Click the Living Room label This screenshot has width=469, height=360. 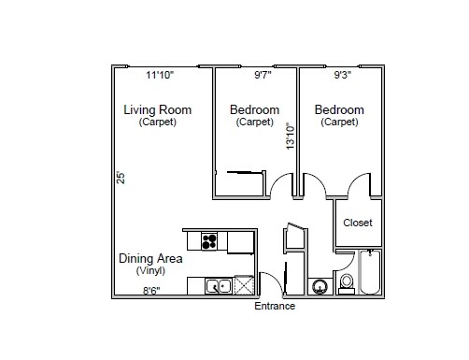pyautogui.click(x=157, y=110)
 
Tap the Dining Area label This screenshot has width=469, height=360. pyautogui.click(x=149, y=258)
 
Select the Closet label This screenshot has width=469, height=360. pyautogui.click(x=358, y=223)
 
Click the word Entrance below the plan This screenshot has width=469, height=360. pyautogui.click(x=275, y=306)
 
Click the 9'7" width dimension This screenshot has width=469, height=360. pyautogui.click(x=267, y=75)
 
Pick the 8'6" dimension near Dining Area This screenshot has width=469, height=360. pyautogui.click(x=151, y=291)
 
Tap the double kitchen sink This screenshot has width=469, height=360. pyautogui.click(x=218, y=286)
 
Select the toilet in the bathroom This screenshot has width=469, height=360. pyautogui.click(x=347, y=282)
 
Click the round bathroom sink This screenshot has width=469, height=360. pyautogui.click(x=320, y=286)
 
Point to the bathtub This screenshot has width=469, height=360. pyautogui.click(x=371, y=273)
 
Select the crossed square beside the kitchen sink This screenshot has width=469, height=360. pyautogui.click(x=245, y=286)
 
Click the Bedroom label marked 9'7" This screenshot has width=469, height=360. pyautogui.click(x=254, y=110)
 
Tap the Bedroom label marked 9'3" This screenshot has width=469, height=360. pyautogui.click(x=339, y=110)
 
